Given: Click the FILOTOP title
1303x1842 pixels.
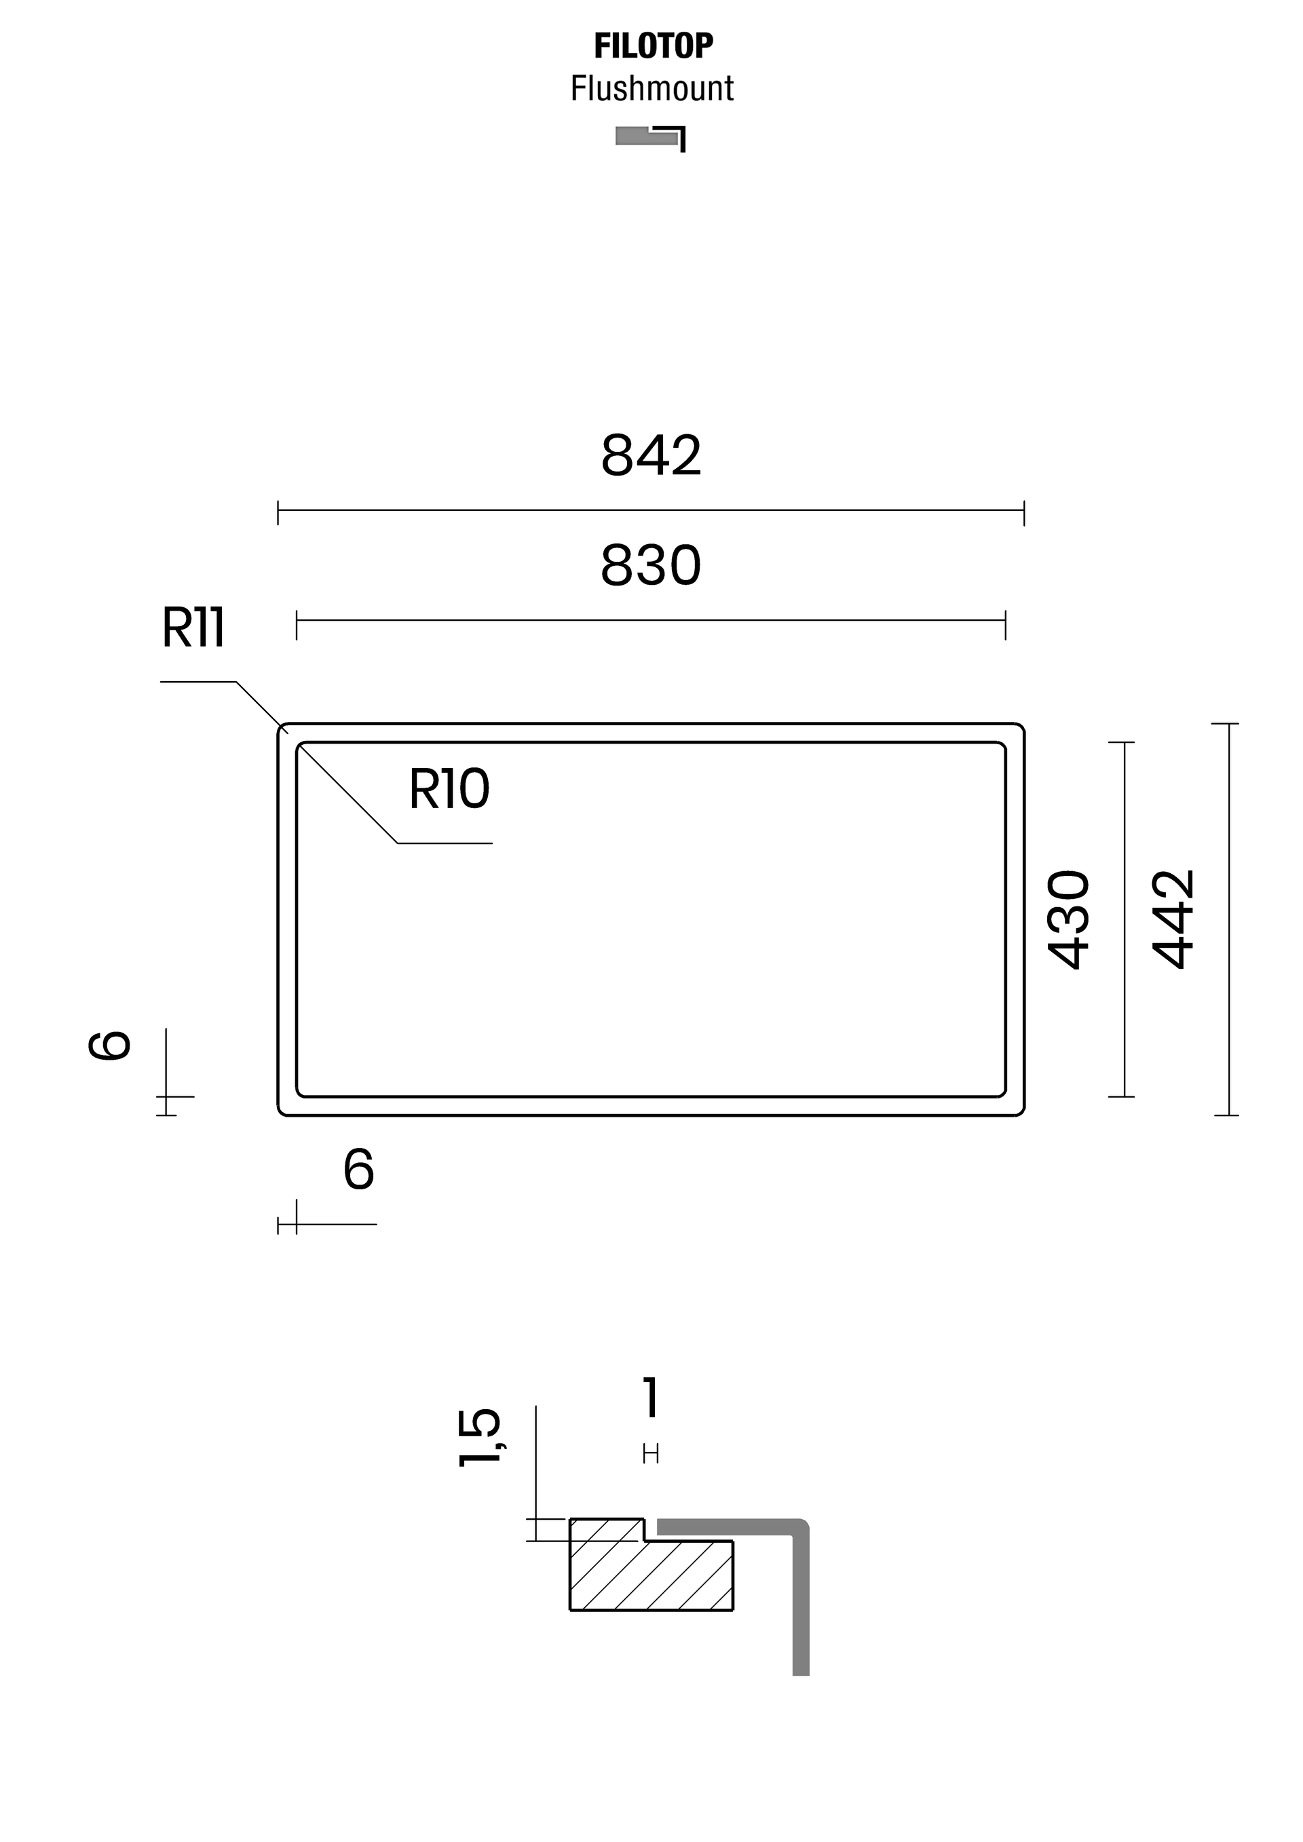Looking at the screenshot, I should coord(653,47).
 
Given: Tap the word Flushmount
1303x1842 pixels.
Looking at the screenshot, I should coord(651,88).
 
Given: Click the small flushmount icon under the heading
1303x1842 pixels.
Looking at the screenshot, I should coord(651,138).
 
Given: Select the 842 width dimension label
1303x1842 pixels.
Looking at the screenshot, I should coord(651,456).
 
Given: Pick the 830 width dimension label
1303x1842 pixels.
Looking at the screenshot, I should coord(651,566).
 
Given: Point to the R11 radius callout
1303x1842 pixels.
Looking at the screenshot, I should coord(193,628).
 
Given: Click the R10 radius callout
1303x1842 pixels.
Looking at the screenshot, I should coord(449,790).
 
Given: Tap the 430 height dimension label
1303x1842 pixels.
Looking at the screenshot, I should coord(1069,919).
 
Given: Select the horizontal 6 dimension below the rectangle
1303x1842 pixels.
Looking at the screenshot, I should coord(358,1170).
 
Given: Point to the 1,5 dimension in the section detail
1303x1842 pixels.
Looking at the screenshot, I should coord(479,1438).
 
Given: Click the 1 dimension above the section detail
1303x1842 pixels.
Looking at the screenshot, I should coord(651,1398).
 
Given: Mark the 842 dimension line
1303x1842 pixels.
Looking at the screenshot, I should coord(651,510).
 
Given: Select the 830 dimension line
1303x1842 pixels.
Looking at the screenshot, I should coord(651,620).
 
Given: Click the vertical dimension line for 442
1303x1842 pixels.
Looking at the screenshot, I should coord(1228,919).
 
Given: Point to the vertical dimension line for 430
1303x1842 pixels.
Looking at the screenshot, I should coord(1125,919).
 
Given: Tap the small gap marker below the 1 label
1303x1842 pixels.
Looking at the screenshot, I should coord(651,1454).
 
